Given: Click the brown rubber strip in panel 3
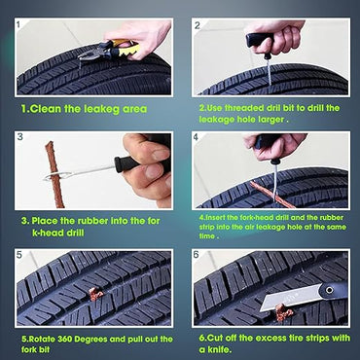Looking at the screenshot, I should [x=48, y=165].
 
